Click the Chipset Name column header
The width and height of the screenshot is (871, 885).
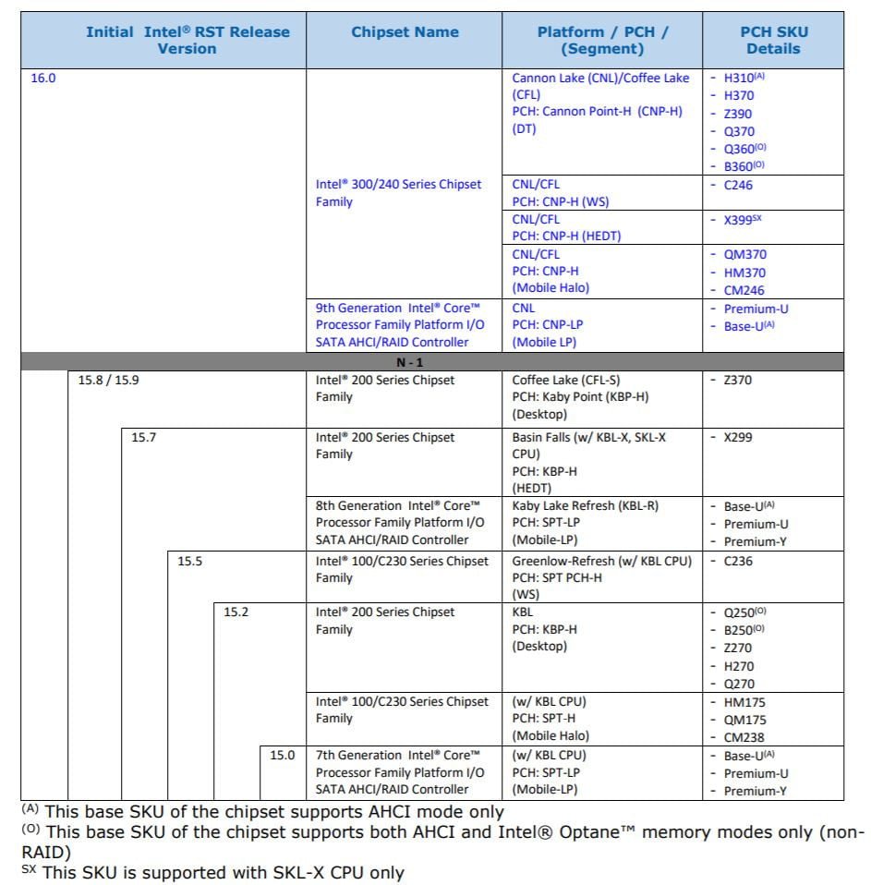pos(405,32)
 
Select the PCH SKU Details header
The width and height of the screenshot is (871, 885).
pos(773,40)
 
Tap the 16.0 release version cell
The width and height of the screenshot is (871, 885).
pos(43,79)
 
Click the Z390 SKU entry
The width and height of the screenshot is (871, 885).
pos(738,114)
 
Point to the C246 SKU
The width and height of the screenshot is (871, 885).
pos(739,185)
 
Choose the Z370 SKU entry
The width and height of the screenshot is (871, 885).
pos(738,380)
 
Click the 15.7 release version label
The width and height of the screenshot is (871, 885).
pos(143,437)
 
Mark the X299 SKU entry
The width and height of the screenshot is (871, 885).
pos(738,437)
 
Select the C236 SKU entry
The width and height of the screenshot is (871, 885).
pos(738,561)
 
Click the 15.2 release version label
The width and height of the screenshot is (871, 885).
pos(236,612)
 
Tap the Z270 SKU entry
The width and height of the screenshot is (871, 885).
pos(738,649)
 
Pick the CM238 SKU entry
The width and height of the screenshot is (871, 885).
pos(744,737)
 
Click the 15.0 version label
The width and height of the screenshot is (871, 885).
pos(282,755)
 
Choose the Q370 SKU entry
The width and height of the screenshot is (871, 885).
pos(739,131)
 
